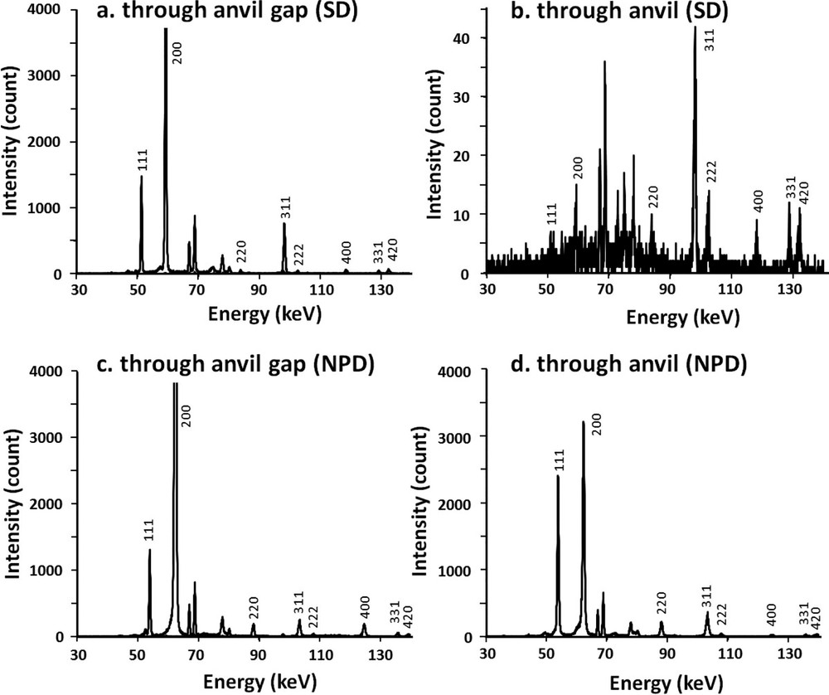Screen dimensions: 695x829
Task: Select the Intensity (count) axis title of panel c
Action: tap(13, 505)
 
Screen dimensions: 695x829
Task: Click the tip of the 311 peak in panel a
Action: tap(284, 223)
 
